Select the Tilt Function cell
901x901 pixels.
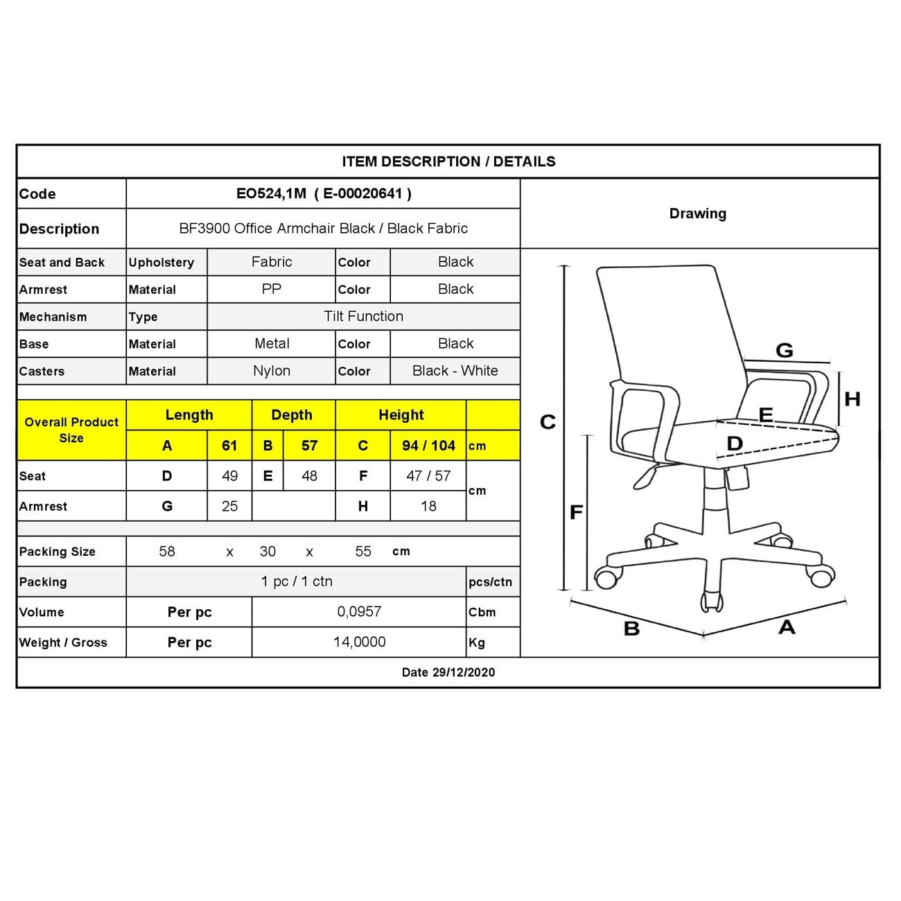tap(363, 317)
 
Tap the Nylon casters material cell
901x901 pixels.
tap(272, 371)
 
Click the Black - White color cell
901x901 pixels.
tap(455, 371)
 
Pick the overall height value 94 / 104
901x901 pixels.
tap(428, 446)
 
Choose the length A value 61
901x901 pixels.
tap(229, 446)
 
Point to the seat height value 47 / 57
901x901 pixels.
tap(428, 476)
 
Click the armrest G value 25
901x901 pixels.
tap(229, 507)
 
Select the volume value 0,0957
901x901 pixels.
tap(359, 612)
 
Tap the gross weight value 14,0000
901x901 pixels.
tap(359, 642)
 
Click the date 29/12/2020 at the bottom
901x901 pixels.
tap(448, 672)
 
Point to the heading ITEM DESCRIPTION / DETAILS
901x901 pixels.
tap(448, 162)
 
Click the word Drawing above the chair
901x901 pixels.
tap(697, 213)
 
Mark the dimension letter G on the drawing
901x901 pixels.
tap(784, 351)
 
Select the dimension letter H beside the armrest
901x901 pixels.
tap(852, 399)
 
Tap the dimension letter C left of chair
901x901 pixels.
tap(548, 422)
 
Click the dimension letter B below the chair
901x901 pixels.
tap(631, 629)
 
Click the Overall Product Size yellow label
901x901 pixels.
tap(71, 430)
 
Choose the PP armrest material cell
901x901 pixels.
tap(272, 290)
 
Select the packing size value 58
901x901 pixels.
tap(167, 552)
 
